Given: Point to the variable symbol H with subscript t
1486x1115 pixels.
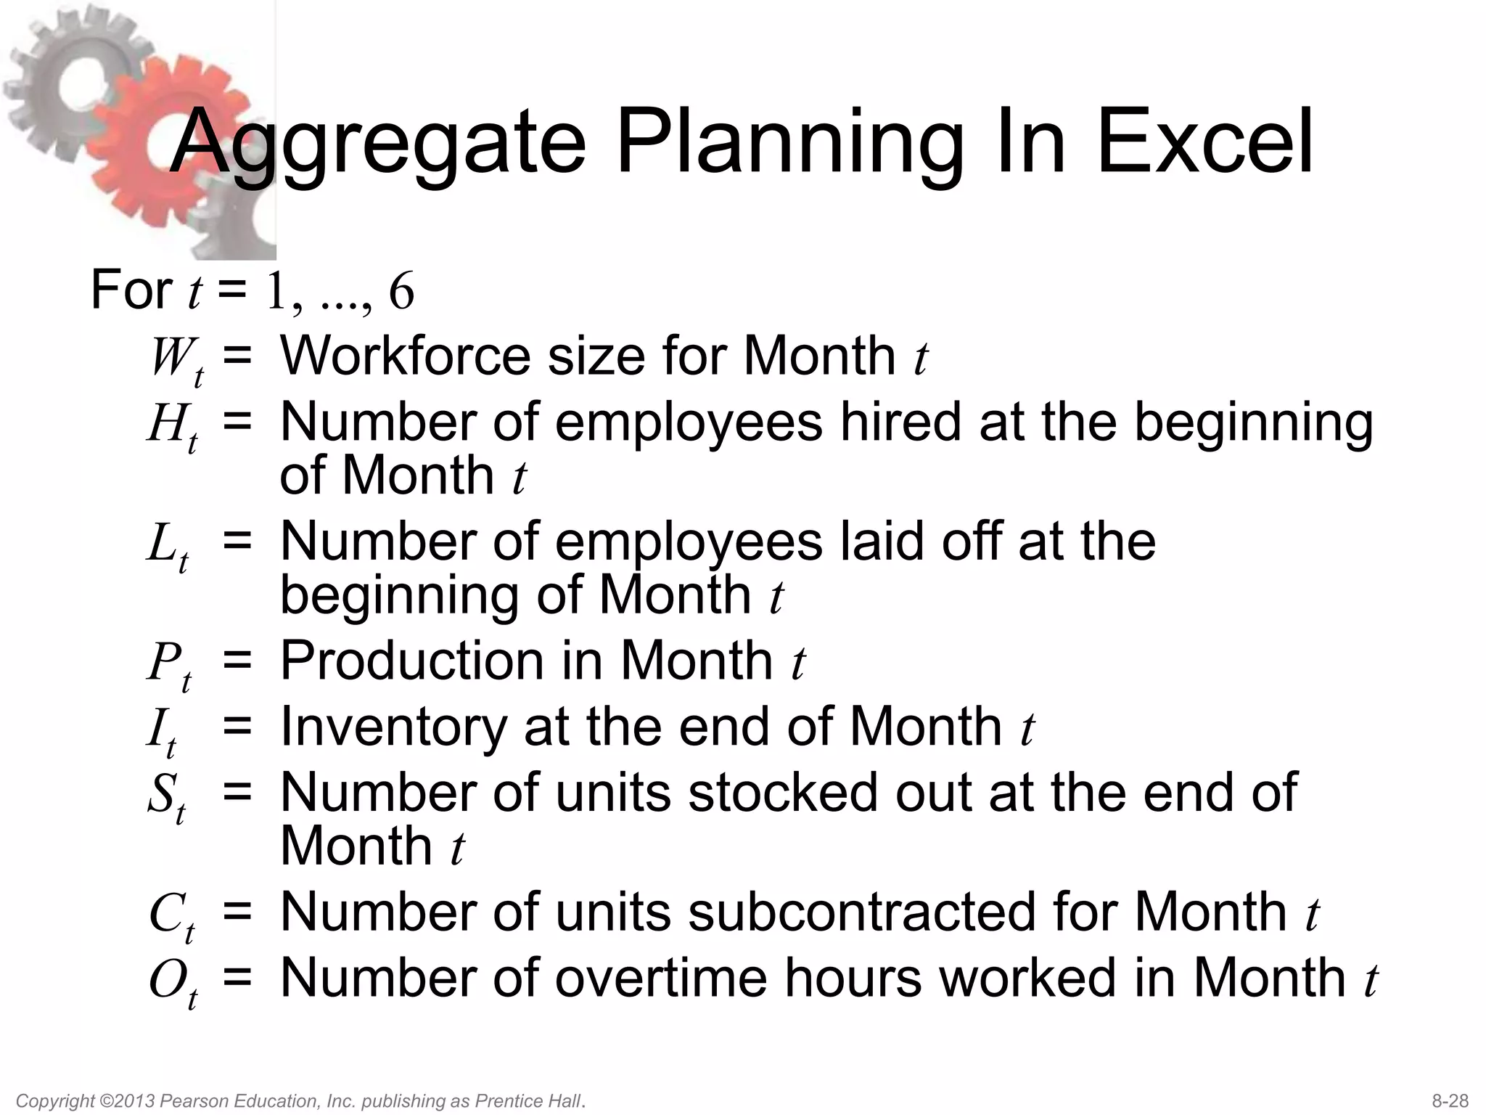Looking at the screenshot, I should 172,427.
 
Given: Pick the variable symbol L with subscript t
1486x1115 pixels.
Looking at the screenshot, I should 168,546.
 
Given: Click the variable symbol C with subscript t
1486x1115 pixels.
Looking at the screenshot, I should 171,916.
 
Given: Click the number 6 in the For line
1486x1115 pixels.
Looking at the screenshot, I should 401,291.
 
